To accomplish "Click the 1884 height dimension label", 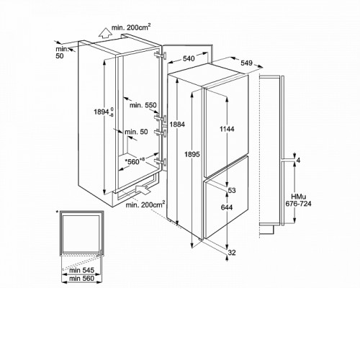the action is click(x=177, y=125).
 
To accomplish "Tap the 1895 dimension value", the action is click(x=192, y=154).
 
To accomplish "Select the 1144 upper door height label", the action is click(x=227, y=129).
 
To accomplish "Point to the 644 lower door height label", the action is click(x=227, y=207).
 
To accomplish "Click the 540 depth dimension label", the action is click(x=189, y=58).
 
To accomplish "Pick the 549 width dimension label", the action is click(x=246, y=63).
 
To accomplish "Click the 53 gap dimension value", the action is click(x=232, y=190).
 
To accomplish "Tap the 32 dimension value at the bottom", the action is click(x=232, y=253).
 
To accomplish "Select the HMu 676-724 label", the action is click(x=298, y=200).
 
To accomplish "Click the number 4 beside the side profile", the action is click(x=298, y=160).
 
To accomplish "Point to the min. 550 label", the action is click(x=143, y=105).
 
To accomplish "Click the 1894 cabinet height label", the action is click(x=104, y=112).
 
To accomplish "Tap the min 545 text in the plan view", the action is click(x=81, y=270).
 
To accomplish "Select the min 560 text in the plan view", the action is click(x=81, y=279).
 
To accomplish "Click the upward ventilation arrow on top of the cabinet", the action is click(x=104, y=33).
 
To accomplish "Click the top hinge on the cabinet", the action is click(x=161, y=55).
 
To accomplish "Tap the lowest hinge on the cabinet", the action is click(x=161, y=161).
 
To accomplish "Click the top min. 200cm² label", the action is click(x=131, y=27).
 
